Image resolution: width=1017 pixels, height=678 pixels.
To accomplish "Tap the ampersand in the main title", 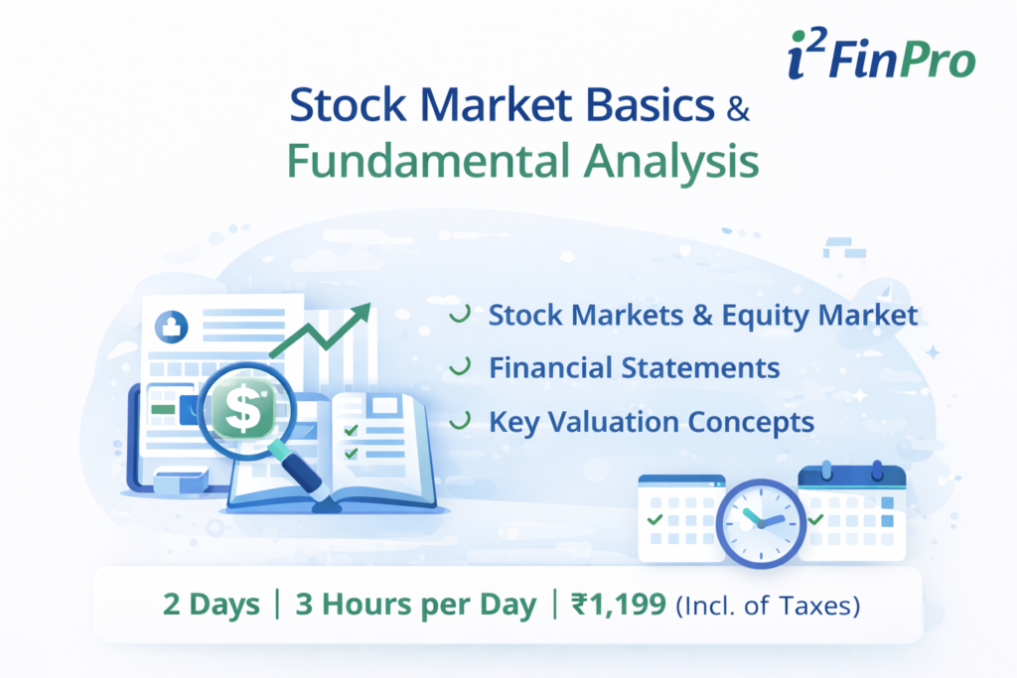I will click(x=737, y=109).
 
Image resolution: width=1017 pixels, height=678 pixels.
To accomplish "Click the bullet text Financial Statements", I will click(x=634, y=367).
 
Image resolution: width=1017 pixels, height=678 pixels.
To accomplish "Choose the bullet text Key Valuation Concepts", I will click(x=651, y=421).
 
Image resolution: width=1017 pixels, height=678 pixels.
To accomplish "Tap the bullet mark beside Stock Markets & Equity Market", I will click(x=459, y=316).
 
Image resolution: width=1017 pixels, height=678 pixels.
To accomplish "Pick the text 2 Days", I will click(x=212, y=605).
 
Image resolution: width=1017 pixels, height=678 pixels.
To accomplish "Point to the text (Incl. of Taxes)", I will click(x=767, y=606).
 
